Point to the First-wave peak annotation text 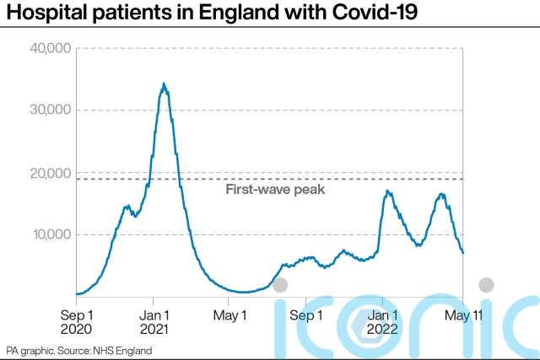275,190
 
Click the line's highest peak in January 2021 164,83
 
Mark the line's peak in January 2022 387,191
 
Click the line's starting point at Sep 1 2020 77,294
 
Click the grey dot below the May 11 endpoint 487,284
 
